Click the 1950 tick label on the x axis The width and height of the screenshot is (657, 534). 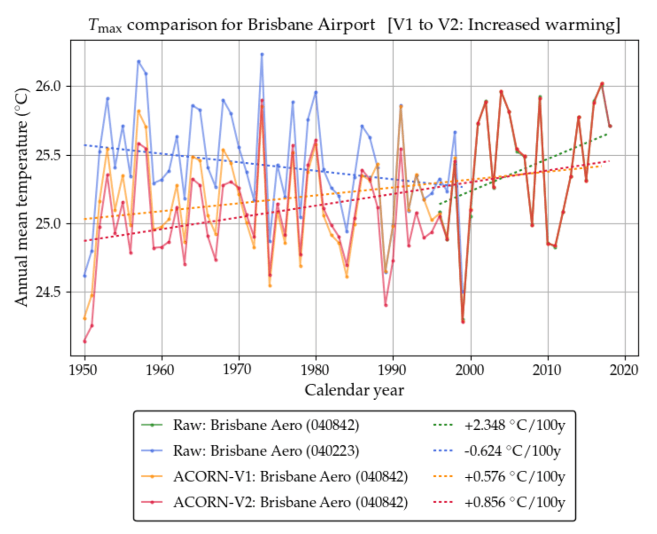[x=83, y=370]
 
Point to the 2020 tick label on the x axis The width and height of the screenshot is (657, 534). [x=624, y=370]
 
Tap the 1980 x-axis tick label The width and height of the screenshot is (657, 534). [x=315, y=370]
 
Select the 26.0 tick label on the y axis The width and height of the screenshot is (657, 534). [x=48, y=86]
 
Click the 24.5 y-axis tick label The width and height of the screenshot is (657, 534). [x=48, y=292]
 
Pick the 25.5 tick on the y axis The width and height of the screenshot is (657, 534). [x=48, y=155]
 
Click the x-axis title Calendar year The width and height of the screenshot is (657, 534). [x=354, y=390]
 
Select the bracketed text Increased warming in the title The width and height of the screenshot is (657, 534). [x=544, y=24]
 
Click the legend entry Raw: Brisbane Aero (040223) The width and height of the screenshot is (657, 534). [x=266, y=451]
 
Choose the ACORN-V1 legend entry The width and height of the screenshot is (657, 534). [x=290, y=476]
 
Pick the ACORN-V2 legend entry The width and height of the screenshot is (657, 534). [x=290, y=502]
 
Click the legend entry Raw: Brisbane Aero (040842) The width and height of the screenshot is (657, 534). [x=266, y=425]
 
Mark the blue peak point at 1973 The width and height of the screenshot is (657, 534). [x=262, y=54]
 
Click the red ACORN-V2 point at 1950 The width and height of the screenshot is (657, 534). [x=85, y=341]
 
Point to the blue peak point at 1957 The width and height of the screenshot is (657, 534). [x=139, y=61]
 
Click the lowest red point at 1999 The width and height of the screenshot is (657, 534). [x=463, y=322]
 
